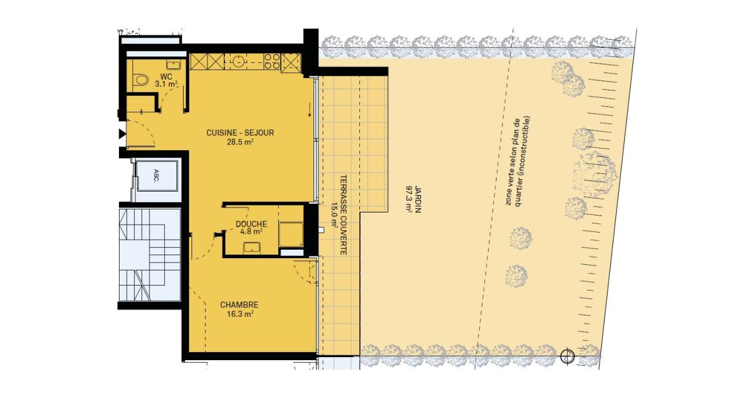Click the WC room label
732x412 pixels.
(167, 77)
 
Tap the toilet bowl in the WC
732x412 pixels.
(141, 80)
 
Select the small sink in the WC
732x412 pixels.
(173, 65)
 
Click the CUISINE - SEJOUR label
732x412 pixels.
(240, 133)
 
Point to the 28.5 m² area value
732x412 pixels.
(240, 142)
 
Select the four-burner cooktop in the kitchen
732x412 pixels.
(272, 62)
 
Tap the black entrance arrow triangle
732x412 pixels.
(122, 134)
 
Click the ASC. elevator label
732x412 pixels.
(156, 176)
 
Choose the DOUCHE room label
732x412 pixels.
(251, 224)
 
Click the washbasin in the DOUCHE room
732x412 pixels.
(252, 248)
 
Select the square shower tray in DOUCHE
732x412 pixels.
(291, 234)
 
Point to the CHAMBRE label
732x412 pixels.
(239, 305)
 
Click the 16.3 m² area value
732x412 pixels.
(240, 314)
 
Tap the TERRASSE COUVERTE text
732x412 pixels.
(343, 215)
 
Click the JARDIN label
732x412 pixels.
(418, 200)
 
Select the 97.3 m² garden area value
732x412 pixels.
(409, 200)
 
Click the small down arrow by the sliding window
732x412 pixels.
(309, 110)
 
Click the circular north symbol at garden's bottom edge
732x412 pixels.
(567, 356)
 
